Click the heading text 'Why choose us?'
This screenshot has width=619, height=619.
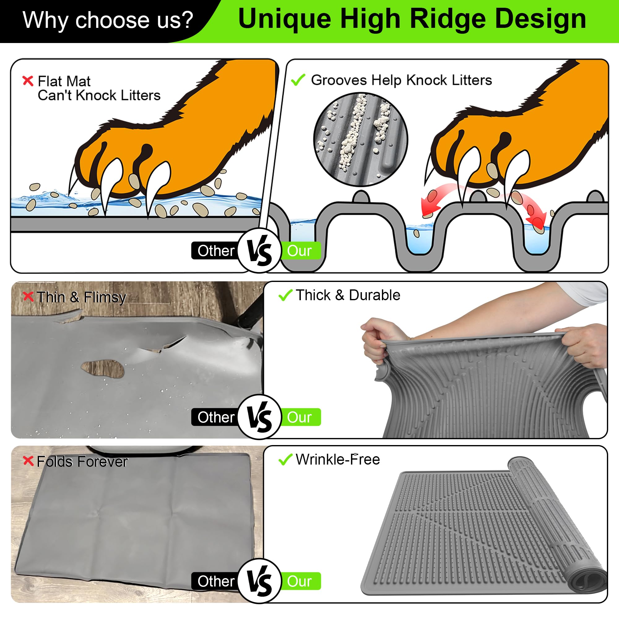[x=108, y=20]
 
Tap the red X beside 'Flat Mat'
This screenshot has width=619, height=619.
[x=28, y=80]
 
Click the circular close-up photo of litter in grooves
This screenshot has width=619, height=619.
[x=361, y=139]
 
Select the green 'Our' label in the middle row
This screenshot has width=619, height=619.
[x=300, y=417]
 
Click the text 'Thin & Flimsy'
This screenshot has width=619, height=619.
[x=81, y=297]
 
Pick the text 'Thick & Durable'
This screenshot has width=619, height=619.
[x=348, y=295]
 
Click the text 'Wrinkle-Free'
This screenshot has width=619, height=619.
[x=337, y=459]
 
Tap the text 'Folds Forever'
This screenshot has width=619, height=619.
[x=82, y=462]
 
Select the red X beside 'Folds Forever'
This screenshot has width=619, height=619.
[x=28, y=461]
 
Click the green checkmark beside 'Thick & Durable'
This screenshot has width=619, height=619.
[x=285, y=295]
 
